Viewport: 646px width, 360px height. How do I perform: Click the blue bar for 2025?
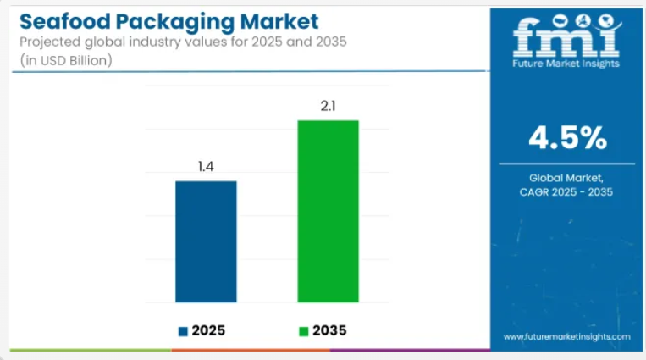[206, 241]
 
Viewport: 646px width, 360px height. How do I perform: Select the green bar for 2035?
[328, 211]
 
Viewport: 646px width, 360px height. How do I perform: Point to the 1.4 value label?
[206, 167]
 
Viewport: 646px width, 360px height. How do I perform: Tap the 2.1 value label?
[328, 106]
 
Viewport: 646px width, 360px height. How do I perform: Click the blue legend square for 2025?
[182, 330]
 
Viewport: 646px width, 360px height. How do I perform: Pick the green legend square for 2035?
[304, 330]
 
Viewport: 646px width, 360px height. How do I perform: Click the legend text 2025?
[208, 330]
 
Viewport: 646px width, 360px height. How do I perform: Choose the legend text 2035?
[329, 330]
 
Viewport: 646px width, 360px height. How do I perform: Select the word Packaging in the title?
[168, 19]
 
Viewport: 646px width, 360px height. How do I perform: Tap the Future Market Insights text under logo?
[566, 63]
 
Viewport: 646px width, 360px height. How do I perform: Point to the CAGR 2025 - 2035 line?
[566, 192]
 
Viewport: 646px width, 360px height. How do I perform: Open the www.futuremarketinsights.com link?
[566, 336]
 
